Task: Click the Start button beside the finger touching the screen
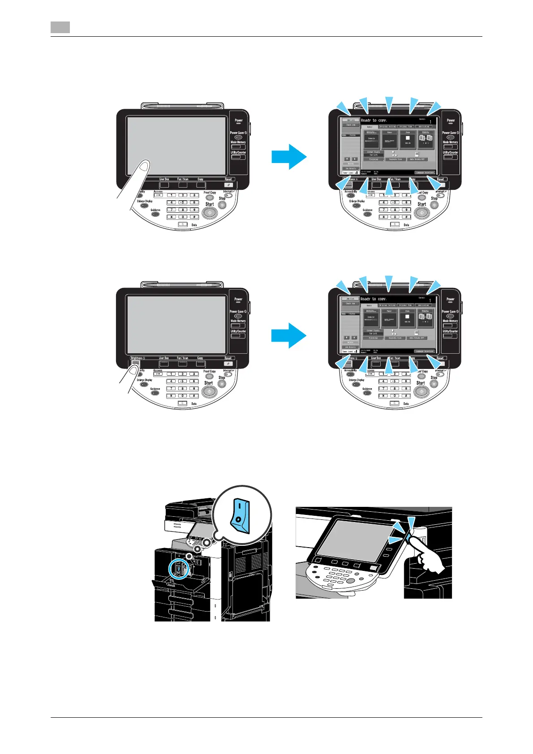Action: (x=210, y=213)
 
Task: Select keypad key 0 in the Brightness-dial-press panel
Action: (x=183, y=396)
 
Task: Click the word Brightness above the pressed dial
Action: (x=137, y=358)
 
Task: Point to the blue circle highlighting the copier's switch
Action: (x=179, y=570)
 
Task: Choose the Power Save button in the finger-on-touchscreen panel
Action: (x=238, y=137)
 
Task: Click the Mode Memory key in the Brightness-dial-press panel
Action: (x=238, y=326)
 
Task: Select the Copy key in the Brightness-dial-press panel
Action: (x=200, y=364)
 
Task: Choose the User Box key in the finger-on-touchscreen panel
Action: (x=164, y=184)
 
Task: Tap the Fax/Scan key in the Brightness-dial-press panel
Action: (x=182, y=364)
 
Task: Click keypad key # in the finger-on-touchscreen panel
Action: (x=194, y=217)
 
